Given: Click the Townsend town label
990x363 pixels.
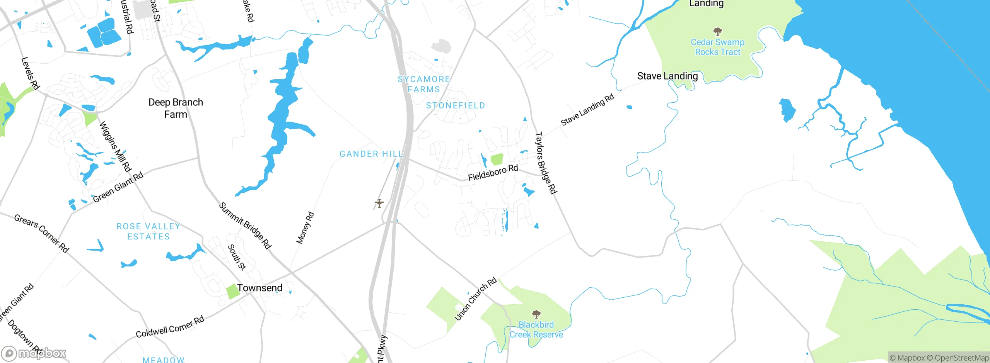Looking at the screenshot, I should [259, 288].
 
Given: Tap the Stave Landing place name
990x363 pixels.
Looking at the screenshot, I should [667, 76].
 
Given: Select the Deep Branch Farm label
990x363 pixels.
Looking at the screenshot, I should [176, 108].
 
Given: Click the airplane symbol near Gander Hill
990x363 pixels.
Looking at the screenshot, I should [379, 203].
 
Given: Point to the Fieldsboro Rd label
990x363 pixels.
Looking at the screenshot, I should [493, 173].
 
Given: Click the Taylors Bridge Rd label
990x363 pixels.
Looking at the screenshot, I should [546, 163].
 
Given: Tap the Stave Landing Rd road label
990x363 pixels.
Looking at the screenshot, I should [587, 110].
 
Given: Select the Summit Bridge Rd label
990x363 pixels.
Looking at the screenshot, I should [245, 225].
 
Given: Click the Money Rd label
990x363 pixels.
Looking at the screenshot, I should [305, 228].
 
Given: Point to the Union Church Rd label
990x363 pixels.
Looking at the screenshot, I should [475, 299].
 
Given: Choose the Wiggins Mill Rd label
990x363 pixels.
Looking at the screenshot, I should [115, 146].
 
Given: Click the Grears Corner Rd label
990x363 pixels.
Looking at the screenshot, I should [41, 233].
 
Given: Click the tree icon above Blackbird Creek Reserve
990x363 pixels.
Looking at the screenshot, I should [536, 314].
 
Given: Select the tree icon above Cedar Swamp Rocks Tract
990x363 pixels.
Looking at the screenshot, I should [717, 31].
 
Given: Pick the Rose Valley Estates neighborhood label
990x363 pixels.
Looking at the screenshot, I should [148, 231].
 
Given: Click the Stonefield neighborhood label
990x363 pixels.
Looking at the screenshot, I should [455, 105].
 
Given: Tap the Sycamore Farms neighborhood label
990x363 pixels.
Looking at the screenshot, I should [424, 84].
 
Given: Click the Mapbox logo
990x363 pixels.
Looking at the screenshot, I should [34, 353].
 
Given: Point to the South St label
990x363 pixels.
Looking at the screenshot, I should [236, 257].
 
